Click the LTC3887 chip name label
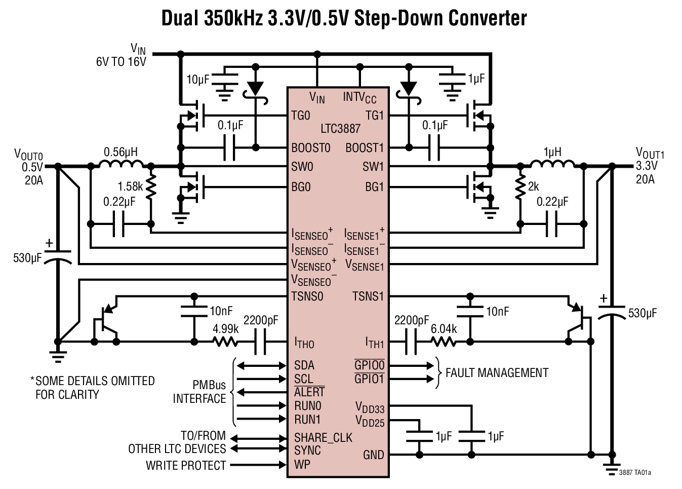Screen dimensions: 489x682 [x=340, y=129]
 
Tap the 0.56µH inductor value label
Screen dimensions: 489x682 [x=121, y=152]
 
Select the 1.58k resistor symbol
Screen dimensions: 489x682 [x=152, y=187]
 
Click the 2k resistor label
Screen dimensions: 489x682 [x=533, y=186]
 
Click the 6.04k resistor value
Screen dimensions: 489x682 [x=444, y=329]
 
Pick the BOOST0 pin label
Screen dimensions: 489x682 [x=311, y=148]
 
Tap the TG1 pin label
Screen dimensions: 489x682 [x=375, y=116]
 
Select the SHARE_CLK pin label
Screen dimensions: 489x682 [x=323, y=437]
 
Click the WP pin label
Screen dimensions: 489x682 [x=302, y=464]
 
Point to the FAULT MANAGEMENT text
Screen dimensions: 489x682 [x=497, y=373]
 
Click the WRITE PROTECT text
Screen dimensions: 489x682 [x=186, y=465]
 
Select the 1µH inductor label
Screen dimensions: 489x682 [x=552, y=152]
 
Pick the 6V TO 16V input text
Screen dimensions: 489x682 [x=121, y=62]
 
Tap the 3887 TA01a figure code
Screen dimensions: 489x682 [x=635, y=473]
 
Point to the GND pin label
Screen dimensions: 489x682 [x=374, y=455]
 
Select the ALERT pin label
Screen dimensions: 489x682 [x=309, y=392]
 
